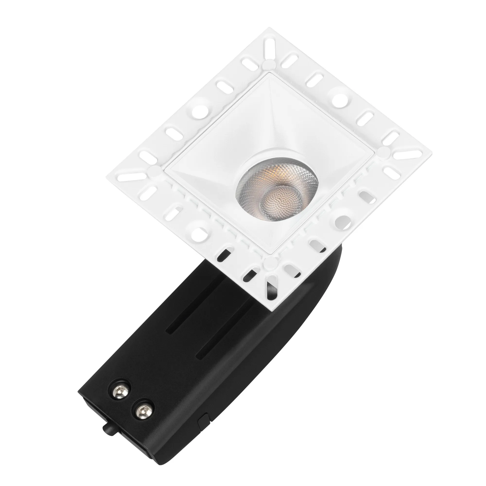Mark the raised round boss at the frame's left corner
[x=153, y=171]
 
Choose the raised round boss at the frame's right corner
[x=384, y=152]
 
